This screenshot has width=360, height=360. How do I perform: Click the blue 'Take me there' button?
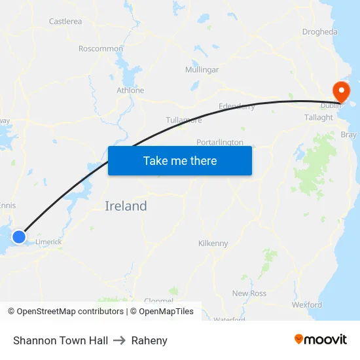(x=180, y=160)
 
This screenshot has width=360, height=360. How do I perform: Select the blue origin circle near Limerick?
(x=19, y=236)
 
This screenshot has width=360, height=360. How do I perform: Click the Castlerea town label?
(x=65, y=22)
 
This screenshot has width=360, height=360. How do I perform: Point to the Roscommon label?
(x=101, y=48)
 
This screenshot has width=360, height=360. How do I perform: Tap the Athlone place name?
(x=130, y=90)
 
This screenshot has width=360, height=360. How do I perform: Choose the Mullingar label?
(x=202, y=69)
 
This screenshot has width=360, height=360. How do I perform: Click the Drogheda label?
(x=320, y=31)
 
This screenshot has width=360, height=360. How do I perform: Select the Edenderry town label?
(x=236, y=106)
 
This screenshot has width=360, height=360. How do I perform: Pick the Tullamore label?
(x=184, y=120)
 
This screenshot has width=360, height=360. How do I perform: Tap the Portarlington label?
(x=220, y=142)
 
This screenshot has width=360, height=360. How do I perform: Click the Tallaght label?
(x=319, y=117)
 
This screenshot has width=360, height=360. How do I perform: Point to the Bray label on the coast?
(x=349, y=135)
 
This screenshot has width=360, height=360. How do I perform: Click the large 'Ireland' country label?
(x=126, y=206)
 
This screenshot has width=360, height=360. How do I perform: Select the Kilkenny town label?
(x=213, y=243)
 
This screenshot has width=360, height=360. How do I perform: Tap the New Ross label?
(x=249, y=293)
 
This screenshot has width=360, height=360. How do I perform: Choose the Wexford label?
(x=307, y=304)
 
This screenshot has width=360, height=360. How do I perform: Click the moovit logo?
(x=321, y=340)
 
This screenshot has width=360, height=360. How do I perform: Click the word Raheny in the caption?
(x=149, y=340)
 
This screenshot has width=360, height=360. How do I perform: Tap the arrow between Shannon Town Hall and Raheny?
(x=120, y=340)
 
